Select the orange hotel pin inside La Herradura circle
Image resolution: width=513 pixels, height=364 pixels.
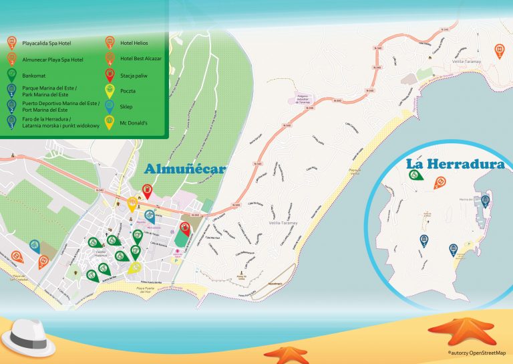coord(440,182)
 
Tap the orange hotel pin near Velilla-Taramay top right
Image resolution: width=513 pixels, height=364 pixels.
coord(499,50)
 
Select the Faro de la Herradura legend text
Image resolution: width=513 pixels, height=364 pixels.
coord(60,122)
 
